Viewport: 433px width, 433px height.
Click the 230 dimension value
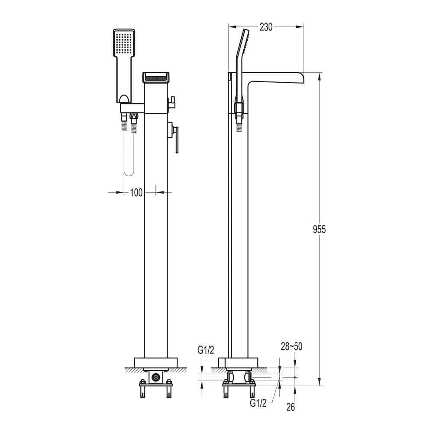click(x=266, y=27)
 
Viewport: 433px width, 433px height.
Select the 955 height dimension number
click(x=319, y=229)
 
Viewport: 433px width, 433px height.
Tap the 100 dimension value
click(x=136, y=193)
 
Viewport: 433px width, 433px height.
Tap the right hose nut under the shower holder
click(x=134, y=116)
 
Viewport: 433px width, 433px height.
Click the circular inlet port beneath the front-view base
click(x=155, y=378)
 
